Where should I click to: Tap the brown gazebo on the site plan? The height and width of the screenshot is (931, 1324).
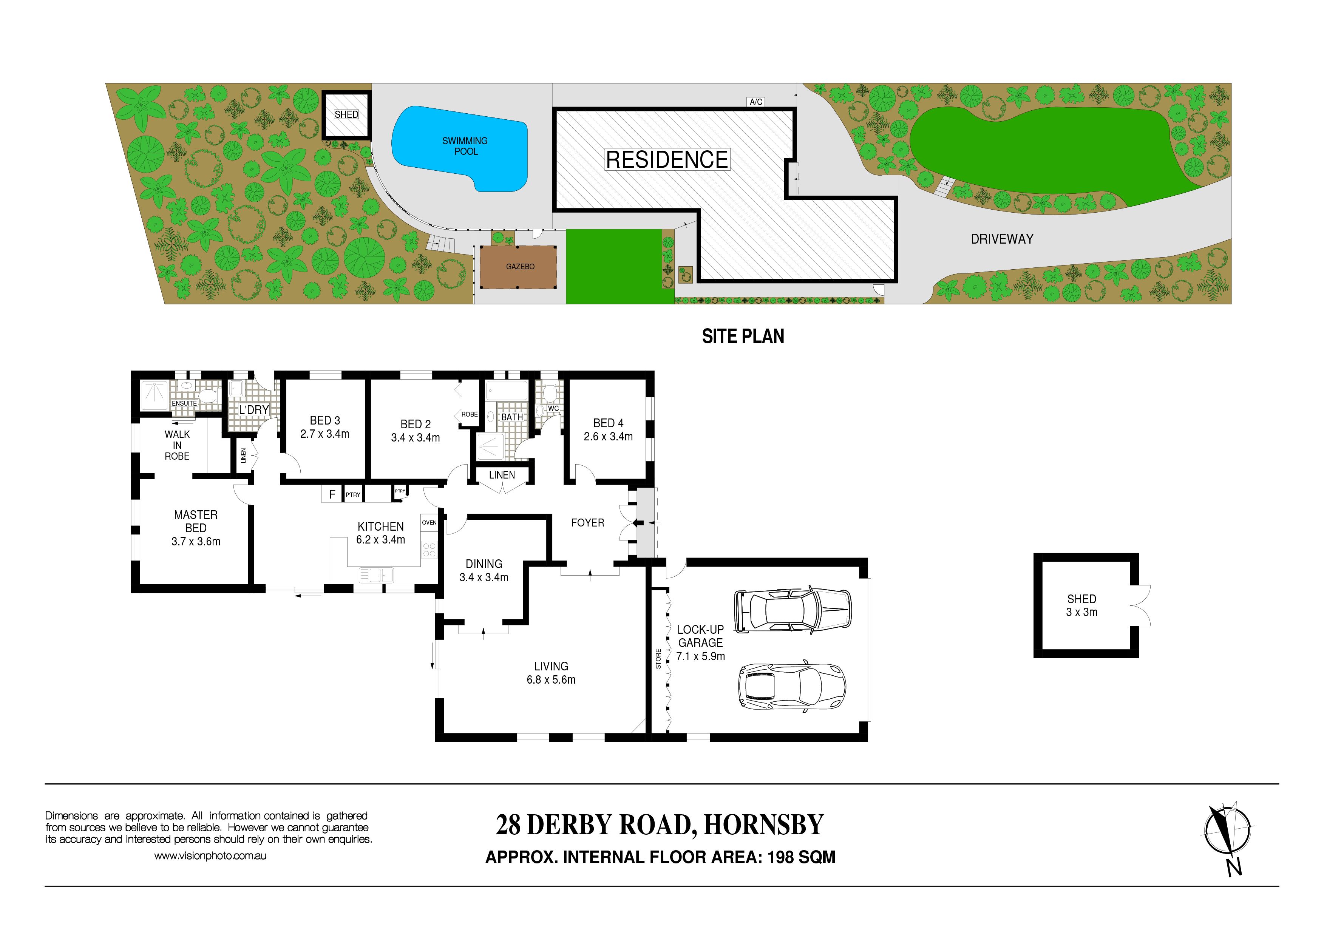(519, 267)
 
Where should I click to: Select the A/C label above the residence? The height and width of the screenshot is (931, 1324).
(755, 102)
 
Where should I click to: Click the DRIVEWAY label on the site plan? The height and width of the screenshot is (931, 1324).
(1002, 239)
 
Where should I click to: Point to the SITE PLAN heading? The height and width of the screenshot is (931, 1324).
(743, 336)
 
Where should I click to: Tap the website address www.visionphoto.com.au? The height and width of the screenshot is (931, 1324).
(210, 856)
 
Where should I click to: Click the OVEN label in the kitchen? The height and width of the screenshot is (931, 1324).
(429, 523)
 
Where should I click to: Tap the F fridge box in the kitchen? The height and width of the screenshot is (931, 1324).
(332, 494)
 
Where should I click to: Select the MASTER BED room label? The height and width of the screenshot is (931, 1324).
(196, 521)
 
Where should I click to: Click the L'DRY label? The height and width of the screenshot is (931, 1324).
(254, 410)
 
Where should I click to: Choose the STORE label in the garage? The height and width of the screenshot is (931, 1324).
(658, 659)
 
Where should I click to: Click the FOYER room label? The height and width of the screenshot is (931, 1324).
(588, 523)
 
